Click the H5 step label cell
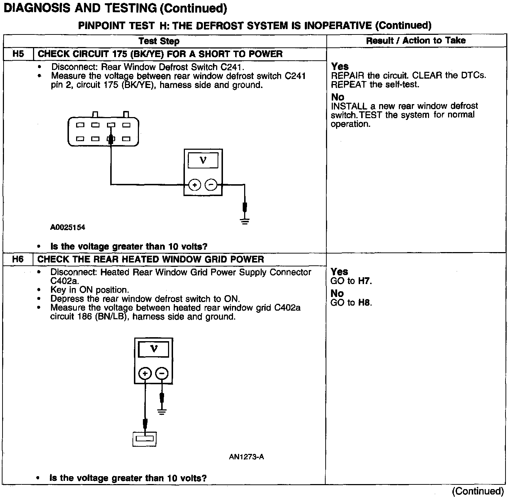point(18,54)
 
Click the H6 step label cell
point(18,259)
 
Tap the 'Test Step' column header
point(159,41)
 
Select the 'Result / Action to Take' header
point(416,41)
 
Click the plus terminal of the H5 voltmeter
point(195,185)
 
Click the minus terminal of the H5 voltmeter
point(211,185)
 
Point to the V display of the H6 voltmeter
point(154,349)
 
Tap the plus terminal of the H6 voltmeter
point(145,374)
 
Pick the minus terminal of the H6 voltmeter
point(162,374)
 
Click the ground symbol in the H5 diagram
point(245,221)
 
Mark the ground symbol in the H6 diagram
point(162,412)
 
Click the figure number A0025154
point(67,227)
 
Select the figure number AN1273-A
point(246,457)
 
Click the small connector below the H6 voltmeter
point(144,439)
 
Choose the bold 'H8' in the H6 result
point(364,303)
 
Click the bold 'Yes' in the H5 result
point(340,66)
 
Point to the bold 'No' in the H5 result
point(337,97)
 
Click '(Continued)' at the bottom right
point(478,491)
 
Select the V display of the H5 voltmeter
point(203,161)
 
